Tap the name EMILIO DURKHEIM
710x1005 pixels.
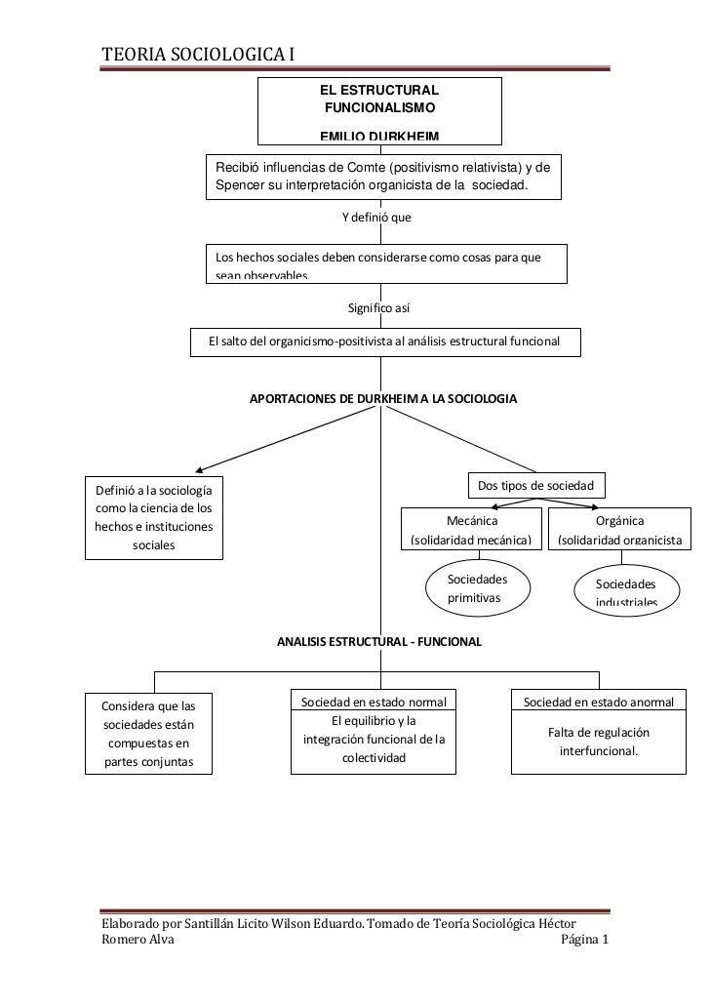point(379,136)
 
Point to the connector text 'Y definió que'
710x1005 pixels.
point(375,217)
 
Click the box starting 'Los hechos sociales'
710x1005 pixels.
point(386,263)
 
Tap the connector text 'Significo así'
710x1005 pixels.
point(378,308)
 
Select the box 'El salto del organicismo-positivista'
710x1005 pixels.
point(384,342)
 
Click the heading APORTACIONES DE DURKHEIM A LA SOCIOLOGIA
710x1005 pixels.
point(383,399)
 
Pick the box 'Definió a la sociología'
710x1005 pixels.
point(153,517)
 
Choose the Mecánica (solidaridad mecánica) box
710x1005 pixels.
point(471,530)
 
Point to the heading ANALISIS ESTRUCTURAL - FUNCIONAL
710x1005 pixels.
point(378,643)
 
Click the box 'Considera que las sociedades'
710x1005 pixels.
point(148,733)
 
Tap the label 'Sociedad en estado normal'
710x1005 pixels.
point(374,702)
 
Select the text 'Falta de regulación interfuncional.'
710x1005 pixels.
point(599,743)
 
